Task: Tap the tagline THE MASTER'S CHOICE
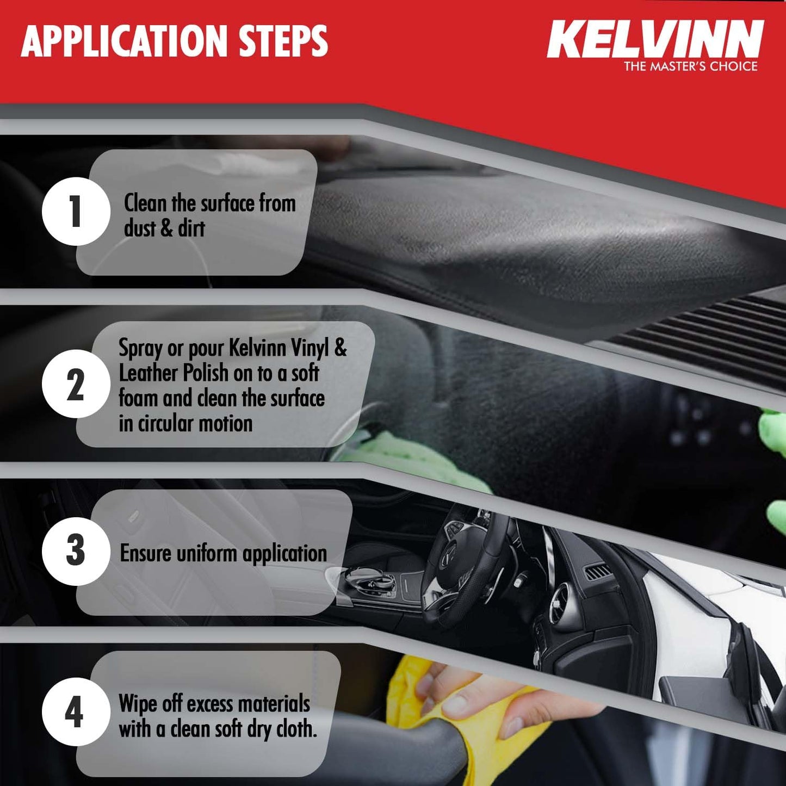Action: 690,66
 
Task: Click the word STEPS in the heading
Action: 283,41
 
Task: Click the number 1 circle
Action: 76,211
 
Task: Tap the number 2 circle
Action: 76,384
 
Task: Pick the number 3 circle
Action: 76,551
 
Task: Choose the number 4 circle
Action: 76,711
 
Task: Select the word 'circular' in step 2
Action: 166,423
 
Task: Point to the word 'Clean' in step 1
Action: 145,203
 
